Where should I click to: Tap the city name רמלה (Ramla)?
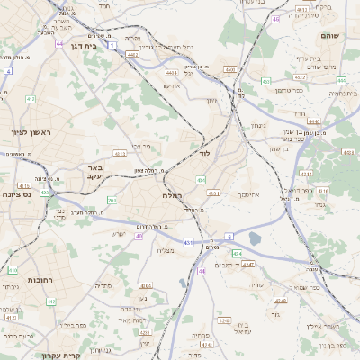click(x=173, y=195)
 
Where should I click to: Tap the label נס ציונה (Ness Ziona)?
click(x=16, y=194)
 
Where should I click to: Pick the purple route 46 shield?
click(x=275, y=18)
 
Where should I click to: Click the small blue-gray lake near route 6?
click(x=256, y=238)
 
